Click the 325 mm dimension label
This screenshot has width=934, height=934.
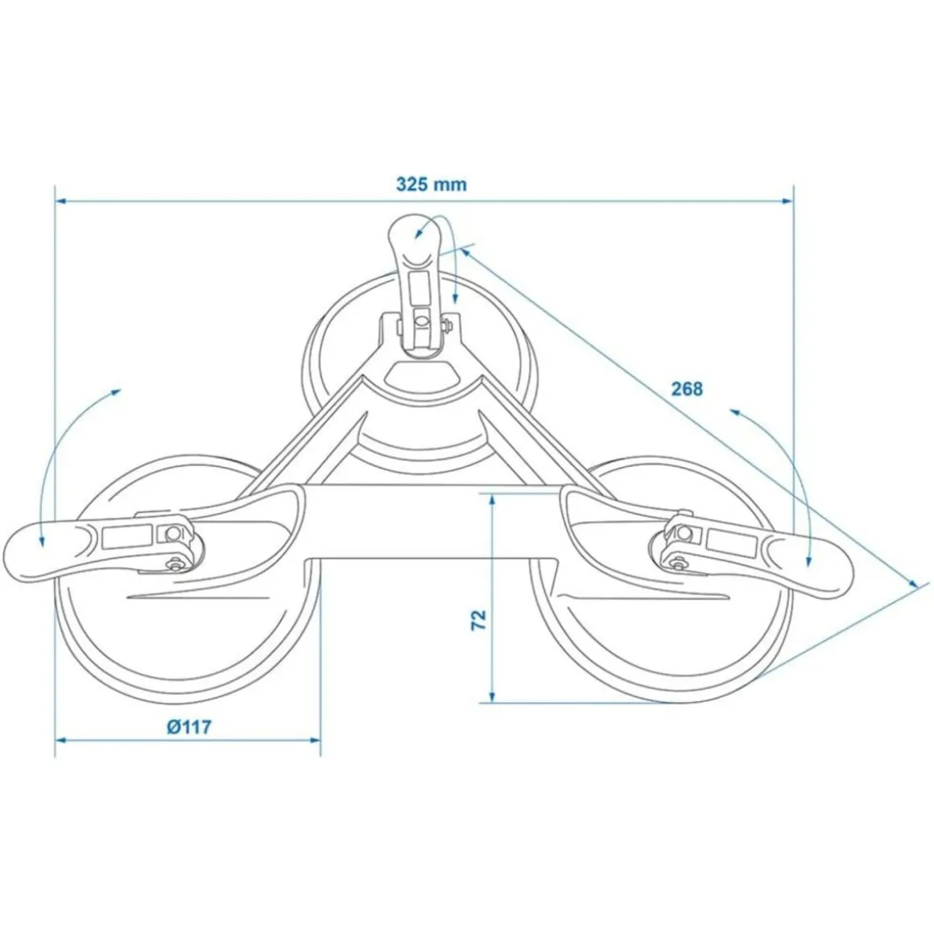click(431, 184)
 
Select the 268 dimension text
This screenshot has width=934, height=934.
click(687, 390)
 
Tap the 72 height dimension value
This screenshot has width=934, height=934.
click(478, 619)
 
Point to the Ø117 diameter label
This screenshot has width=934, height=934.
click(189, 727)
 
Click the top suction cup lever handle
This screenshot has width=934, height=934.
click(415, 242)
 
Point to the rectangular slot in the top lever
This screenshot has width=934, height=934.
click(419, 285)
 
